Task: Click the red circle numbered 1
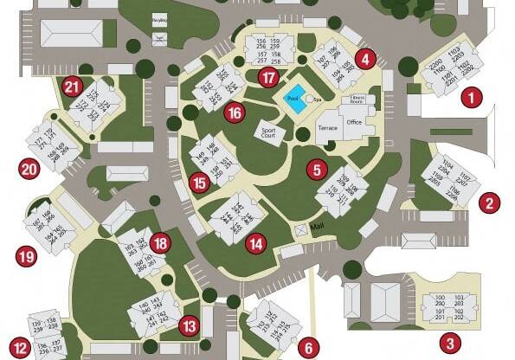472,98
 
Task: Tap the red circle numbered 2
490,204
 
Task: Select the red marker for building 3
449,343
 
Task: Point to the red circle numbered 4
366,60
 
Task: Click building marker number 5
317,170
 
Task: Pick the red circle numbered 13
190,327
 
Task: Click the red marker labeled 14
254,244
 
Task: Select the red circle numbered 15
201,183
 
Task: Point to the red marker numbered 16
233,112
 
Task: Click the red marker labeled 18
159,243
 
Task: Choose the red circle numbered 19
27,256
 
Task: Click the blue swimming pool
294,98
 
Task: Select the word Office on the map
354,123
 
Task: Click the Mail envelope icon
300,230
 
